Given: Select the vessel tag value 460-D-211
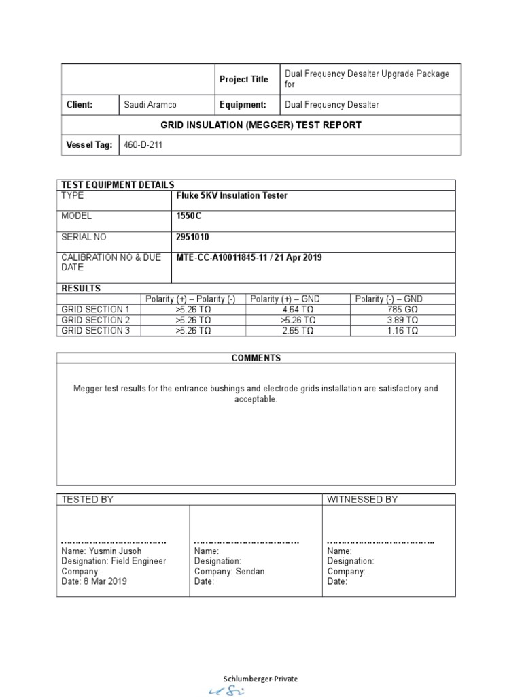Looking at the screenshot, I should (143, 145).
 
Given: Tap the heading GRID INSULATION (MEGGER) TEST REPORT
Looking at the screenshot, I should (261, 125).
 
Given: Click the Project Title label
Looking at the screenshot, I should (243, 80).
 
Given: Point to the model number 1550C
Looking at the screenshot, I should (189, 216).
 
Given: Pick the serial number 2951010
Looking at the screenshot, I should (193, 238).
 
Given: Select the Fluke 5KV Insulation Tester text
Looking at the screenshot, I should (232, 196).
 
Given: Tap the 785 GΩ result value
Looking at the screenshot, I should (402, 310).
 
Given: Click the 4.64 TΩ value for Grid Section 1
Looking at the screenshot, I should (298, 310).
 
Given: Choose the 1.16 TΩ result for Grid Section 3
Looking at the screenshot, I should (402, 331).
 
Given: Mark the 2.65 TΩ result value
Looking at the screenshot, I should (298, 331).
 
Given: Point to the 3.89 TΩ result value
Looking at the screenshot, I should (402, 320).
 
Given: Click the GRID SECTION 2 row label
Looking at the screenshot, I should (95, 320).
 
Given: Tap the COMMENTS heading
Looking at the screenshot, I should (256, 358).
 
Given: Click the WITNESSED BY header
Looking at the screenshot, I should (362, 500).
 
